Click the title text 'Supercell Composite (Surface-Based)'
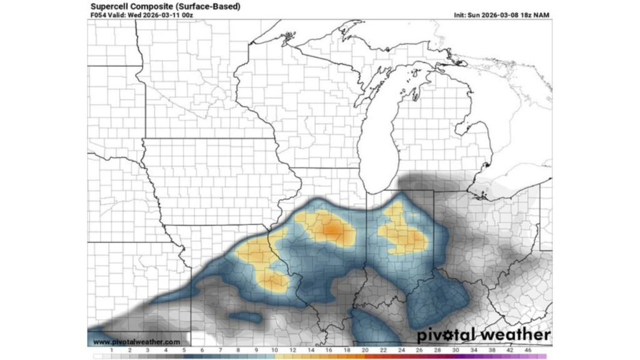(x=165, y=6)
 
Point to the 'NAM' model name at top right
(x=542, y=15)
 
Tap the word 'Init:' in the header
(x=463, y=15)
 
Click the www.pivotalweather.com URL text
(x=137, y=342)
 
